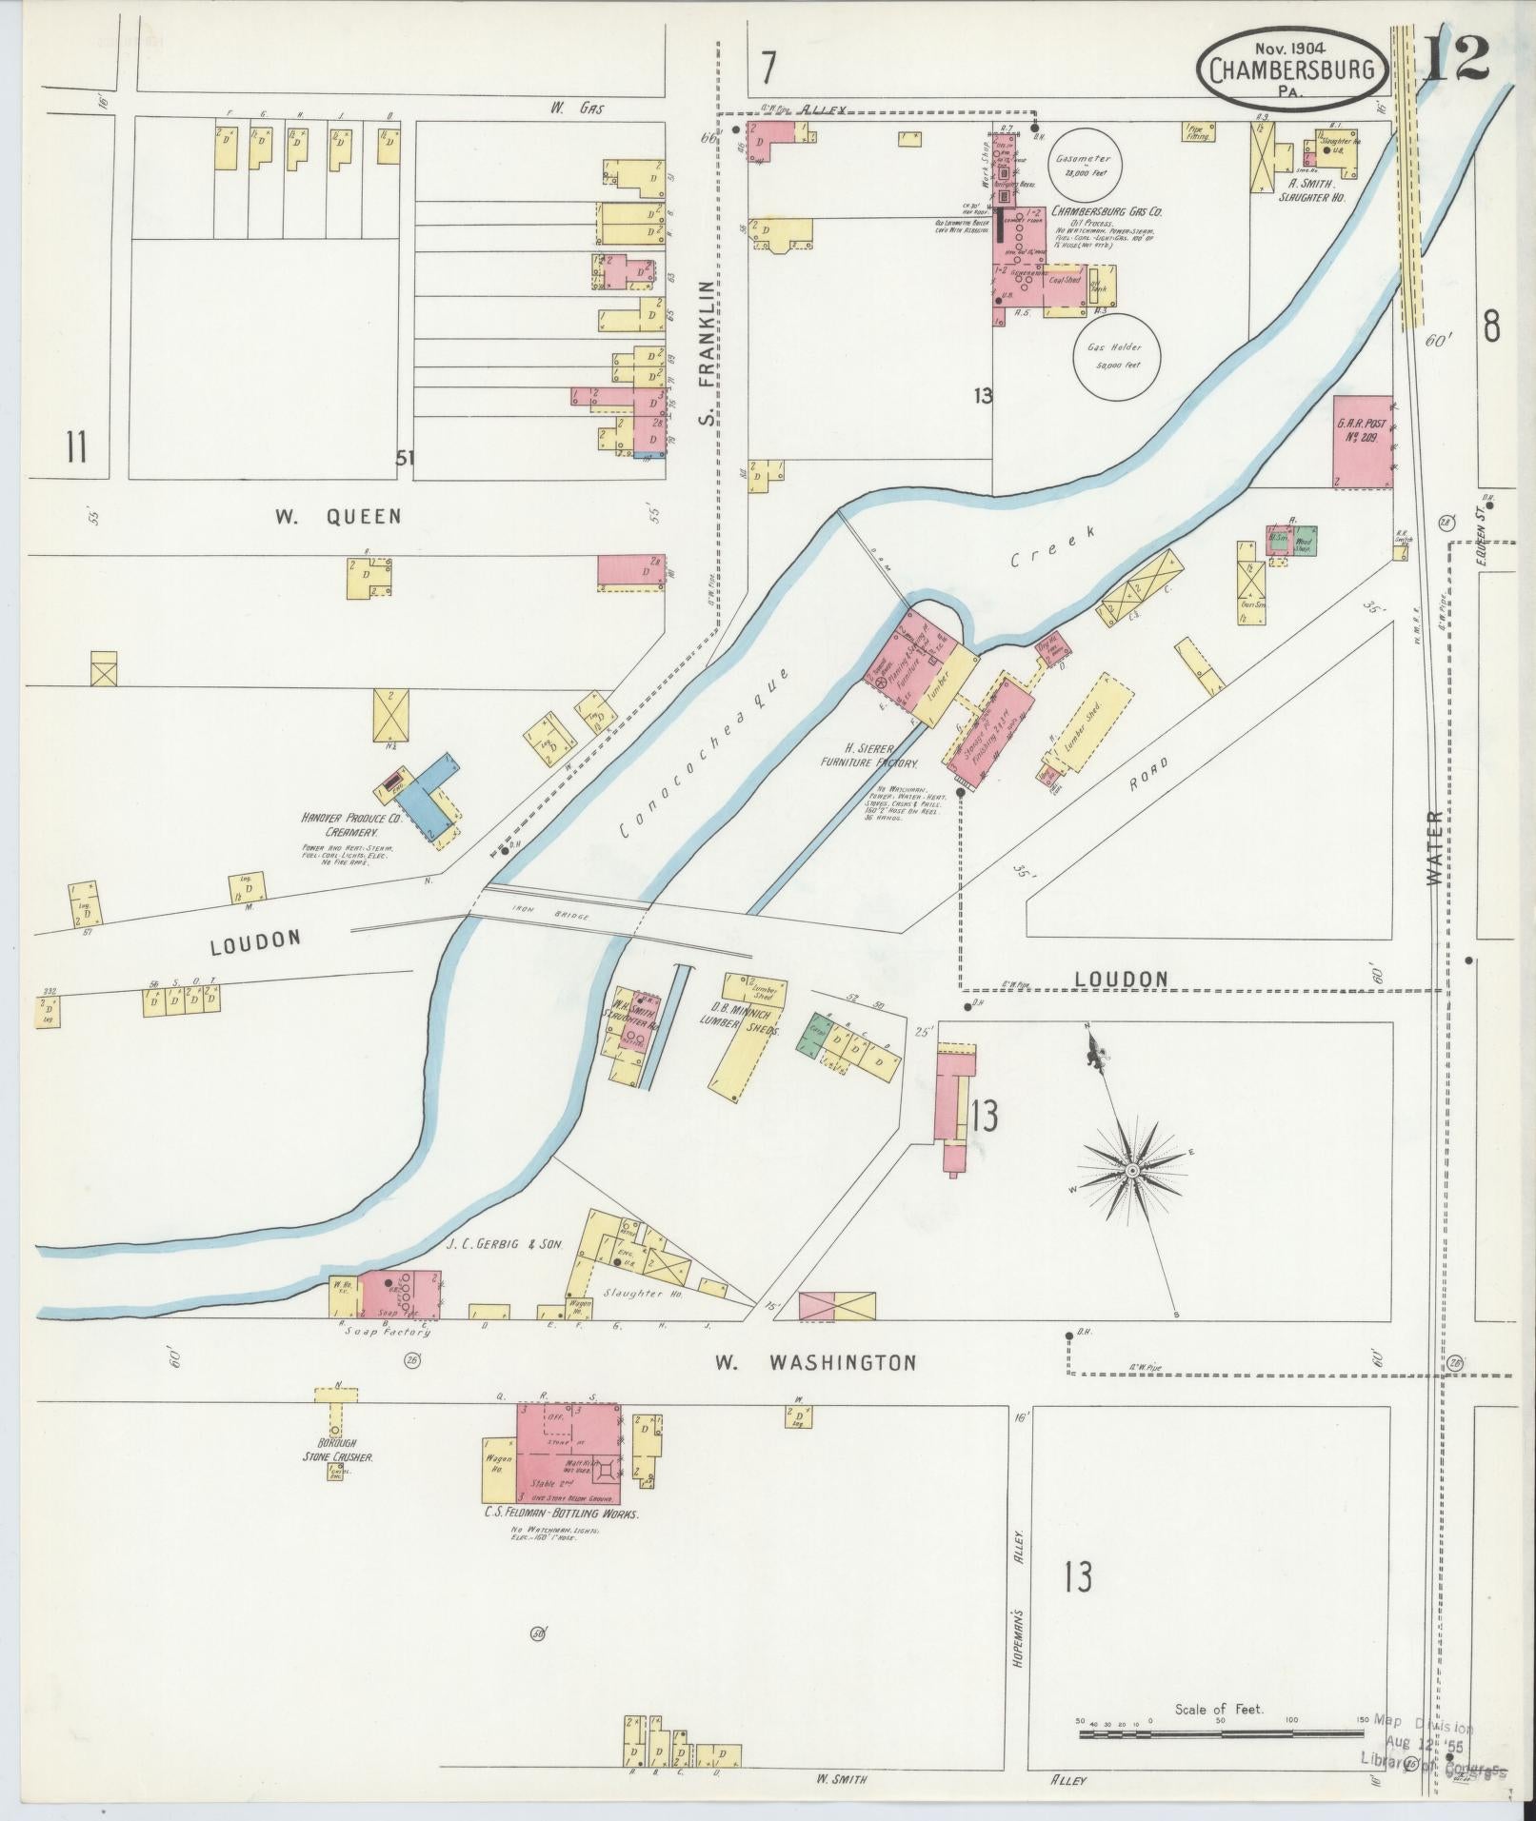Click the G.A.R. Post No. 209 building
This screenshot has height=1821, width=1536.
click(x=1363, y=442)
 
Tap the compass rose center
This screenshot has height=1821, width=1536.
click(x=1132, y=1170)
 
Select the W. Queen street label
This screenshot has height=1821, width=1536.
click(x=338, y=517)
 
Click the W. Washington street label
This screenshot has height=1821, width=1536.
click(x=816, y=1363)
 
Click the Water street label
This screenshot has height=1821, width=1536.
click(x=1437, y=849)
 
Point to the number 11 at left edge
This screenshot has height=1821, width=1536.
click(x=76, y=445)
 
